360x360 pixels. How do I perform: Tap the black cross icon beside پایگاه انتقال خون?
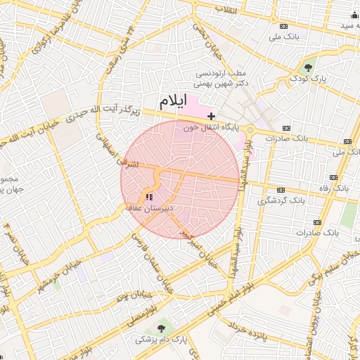pos(211,115)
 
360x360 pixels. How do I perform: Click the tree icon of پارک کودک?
pos(309,67)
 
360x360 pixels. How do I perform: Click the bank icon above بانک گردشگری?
pos(281,190)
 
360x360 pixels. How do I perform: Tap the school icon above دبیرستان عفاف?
pos(148,196)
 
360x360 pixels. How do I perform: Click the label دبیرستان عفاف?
pos(148,208)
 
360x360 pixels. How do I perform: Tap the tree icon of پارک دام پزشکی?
pos(163,328)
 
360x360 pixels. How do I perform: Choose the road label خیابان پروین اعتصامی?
pos(307,337)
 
